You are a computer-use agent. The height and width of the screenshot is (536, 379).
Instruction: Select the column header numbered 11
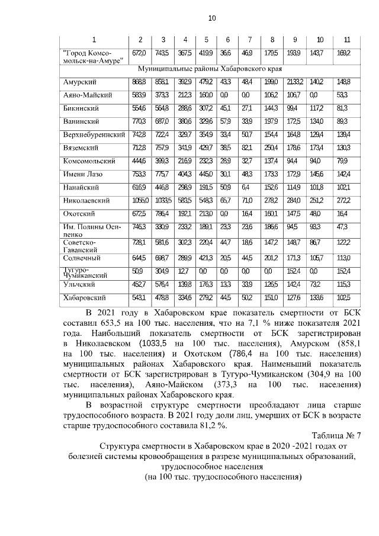coord(346,40)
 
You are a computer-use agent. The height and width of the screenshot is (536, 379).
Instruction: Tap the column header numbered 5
coord(206,40)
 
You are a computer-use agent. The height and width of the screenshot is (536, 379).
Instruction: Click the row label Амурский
coord(80,81)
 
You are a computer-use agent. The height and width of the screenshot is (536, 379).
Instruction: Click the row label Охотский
coord(79,214)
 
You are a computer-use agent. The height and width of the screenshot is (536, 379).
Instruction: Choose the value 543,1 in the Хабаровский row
coord(140,297)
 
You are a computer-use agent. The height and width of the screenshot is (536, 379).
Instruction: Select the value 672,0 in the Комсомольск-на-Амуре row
coord(140,53)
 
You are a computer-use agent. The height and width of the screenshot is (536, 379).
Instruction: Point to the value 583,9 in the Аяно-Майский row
coord(140,95)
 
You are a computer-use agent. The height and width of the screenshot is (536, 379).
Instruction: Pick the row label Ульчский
coord(80,285)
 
